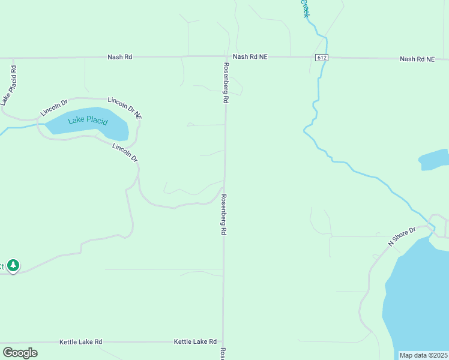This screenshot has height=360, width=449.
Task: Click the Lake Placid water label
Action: (x=88, y=120)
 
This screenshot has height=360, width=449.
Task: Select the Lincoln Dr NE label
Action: (x=125, y=106)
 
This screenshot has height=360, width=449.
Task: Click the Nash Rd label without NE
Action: (x=119, y=57)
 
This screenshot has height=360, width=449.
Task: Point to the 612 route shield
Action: (x=322, y=58)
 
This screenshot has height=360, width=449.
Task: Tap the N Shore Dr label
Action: (x=402, y=236)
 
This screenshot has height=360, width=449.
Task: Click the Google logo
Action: (x=20, y=352)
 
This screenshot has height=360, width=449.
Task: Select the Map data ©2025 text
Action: (x=424, y=355)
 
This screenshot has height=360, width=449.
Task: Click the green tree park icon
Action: (x=13, y=265)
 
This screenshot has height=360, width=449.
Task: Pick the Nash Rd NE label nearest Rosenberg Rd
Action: (x=250, y=56)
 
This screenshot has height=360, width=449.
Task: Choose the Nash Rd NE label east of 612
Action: (x=417, y=59)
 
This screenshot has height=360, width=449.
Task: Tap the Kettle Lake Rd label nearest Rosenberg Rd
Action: (x=195, y=341)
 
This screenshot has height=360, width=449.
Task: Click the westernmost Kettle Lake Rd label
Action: (x=80, y=341)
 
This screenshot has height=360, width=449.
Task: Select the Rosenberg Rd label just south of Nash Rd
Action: (x=226, y=83)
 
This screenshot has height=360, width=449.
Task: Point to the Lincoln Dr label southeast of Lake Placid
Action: (x=125, y=153)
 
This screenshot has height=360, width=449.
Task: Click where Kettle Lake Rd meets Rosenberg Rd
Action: (x=223, y=342)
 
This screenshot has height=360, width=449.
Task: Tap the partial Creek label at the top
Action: (x=306, y=8)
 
